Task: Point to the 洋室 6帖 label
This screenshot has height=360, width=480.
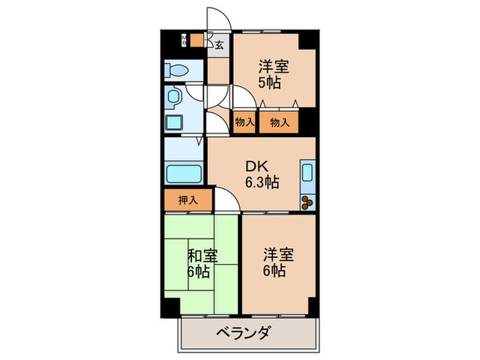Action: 278,262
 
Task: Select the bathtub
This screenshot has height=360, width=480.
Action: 183,175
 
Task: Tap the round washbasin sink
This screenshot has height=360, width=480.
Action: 173,95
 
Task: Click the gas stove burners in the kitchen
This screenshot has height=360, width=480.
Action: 307,202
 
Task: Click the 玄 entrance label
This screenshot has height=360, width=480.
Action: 219,45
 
